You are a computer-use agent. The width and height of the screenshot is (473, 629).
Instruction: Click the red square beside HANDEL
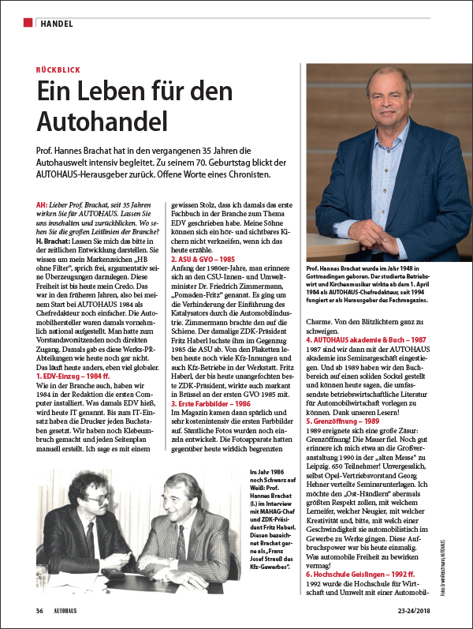[28, 22]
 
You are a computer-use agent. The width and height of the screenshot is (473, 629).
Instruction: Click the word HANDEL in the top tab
[58, 23]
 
